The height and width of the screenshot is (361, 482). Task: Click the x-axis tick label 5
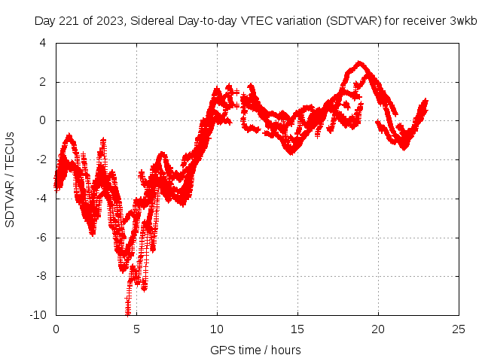(136, 329)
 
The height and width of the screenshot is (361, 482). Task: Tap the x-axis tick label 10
(217, 329)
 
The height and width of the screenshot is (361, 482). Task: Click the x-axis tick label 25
(459, 329)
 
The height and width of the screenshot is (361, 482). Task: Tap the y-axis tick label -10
(37, 314)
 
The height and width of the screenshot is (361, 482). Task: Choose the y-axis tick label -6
(40, 237)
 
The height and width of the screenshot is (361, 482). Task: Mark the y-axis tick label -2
(40, 159)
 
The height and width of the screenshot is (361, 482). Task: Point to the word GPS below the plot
(222, 350)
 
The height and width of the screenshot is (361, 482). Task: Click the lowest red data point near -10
(128, 313)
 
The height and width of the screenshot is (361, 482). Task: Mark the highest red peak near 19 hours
(360, 63)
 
